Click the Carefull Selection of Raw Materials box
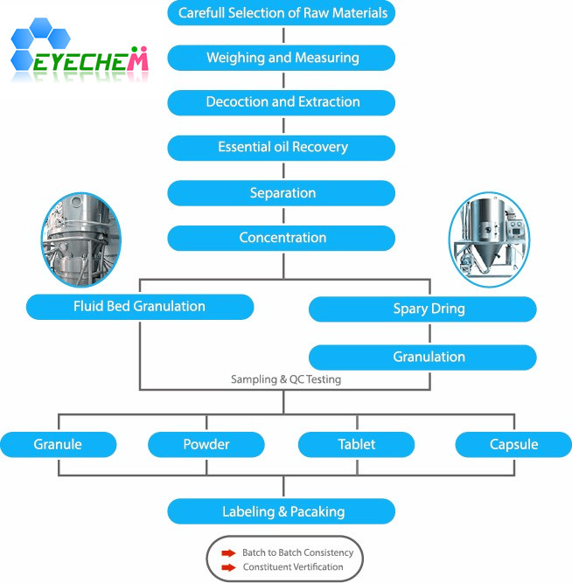283,13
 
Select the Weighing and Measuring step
283,59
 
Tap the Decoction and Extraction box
283,102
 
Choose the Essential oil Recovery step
283,147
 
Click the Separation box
283,192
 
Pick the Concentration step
283,238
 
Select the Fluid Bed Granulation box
140,307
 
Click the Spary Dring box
422,309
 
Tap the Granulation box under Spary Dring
422,357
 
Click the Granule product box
59,444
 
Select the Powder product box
206,444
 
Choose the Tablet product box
356,444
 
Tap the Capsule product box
513,444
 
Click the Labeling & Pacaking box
282,511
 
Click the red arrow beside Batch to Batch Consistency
228,553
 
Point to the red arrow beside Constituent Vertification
228,567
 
